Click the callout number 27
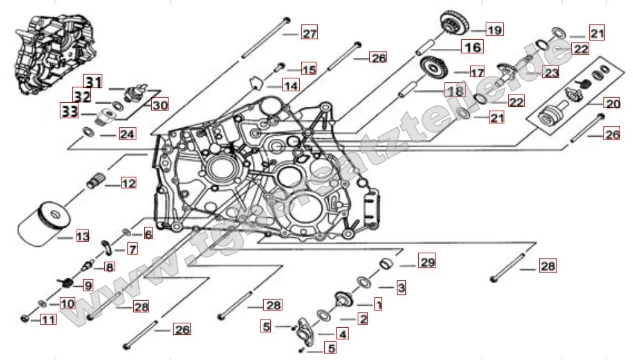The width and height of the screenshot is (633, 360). (310, 33)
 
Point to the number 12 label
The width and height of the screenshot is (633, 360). (128, 184)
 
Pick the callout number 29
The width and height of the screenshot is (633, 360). (427, 262)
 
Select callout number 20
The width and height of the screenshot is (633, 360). (611, 103)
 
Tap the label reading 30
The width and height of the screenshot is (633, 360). (158, 104)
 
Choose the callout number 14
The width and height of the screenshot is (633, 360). (291, 85)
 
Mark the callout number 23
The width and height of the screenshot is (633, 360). (551, 72)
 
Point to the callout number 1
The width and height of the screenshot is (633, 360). (378, 303)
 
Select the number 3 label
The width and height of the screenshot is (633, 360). (400, 289)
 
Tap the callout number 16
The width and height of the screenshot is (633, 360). (472, 47)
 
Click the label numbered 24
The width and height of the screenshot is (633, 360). (127, 134)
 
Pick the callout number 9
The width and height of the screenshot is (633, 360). (86, 285)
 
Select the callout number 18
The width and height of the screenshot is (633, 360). (455, 91)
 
